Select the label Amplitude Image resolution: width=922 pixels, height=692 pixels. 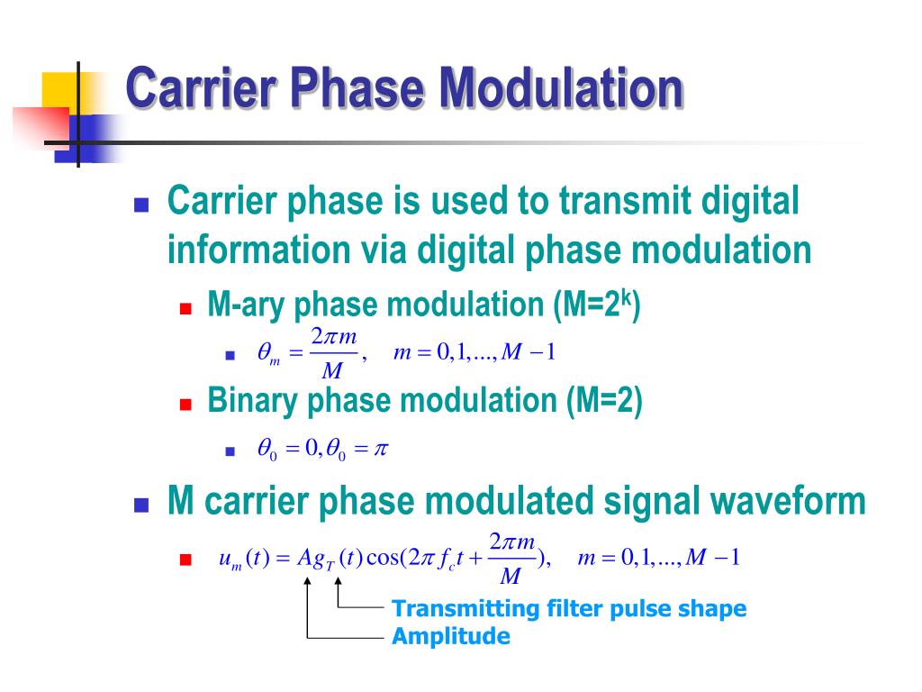pyautogui.click(x=450, y=637)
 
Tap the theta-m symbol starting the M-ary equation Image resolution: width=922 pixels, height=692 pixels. pyautogui.click(x=268, y=353)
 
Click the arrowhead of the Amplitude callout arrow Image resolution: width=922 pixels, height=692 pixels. pyautogui.click(x=308, y=581)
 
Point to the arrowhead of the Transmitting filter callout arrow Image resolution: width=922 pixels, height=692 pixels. pyautogui.click(x=339, y=581)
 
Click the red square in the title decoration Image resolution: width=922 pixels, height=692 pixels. pyautogui.click(x=41, y=127)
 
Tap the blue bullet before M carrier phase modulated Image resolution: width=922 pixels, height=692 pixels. pyautogui.click(x=140, y=504)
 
